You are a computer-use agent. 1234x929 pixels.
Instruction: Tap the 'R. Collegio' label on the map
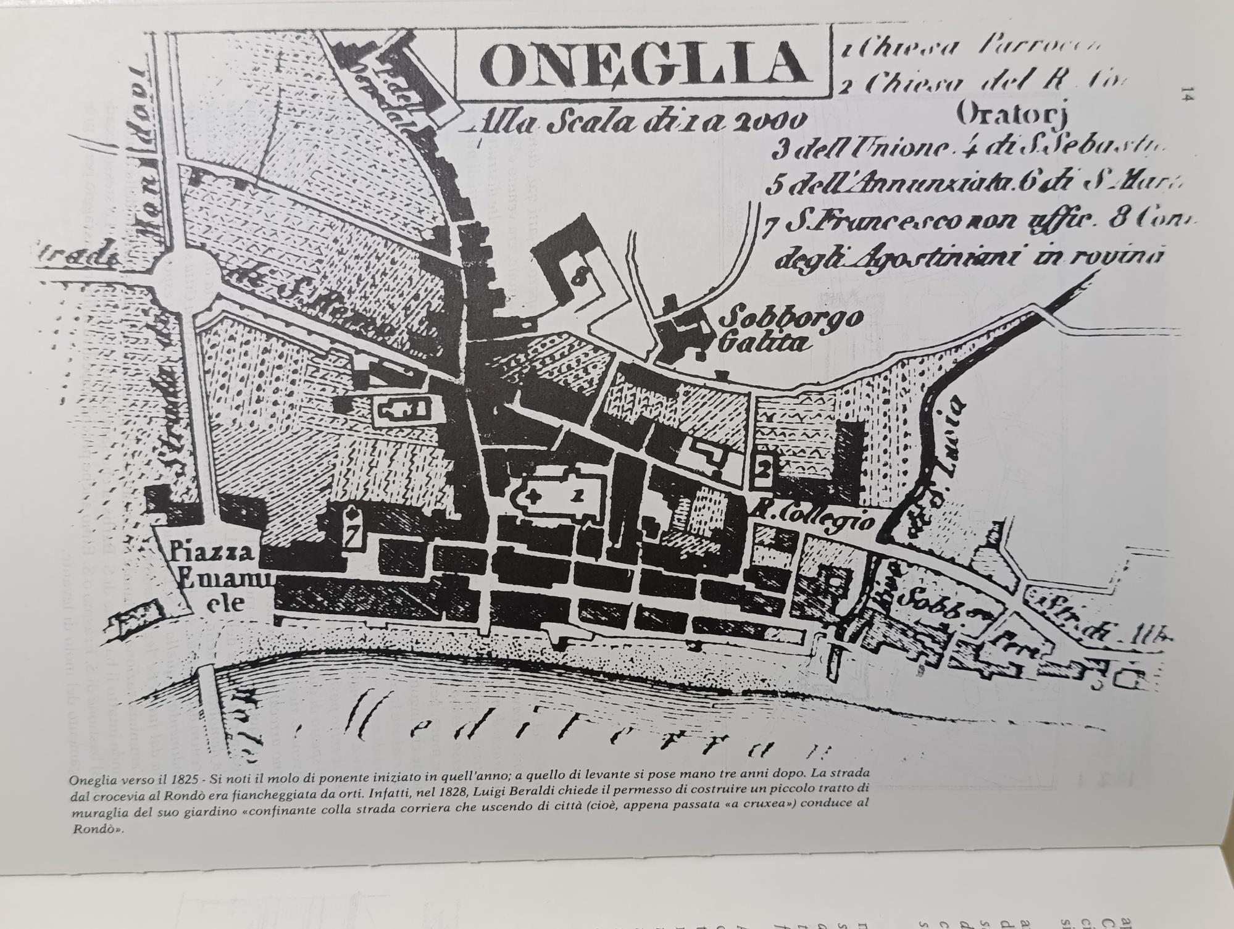815,520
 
